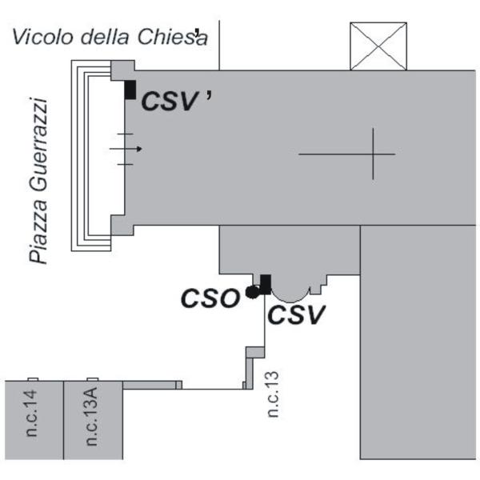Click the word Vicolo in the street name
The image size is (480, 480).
(42, 37)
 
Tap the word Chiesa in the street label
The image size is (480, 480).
(173, 37)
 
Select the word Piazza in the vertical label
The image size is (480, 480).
(38, 230)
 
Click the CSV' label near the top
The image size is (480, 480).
(177, 101)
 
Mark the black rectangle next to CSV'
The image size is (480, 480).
(130, 90)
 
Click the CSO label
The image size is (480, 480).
(210, 298)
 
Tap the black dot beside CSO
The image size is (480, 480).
(252, 292)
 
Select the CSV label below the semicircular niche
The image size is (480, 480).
(296, 314)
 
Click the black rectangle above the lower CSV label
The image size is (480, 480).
(266, 284)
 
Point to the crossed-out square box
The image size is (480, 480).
(378, 46)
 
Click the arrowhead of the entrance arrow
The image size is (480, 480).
(139, 149)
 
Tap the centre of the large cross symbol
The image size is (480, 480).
(373, 154)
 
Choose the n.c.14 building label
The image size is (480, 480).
(31, 413)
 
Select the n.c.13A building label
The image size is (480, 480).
(91, 416)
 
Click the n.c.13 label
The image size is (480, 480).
(273, 394)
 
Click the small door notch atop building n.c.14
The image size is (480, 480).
(33, 379)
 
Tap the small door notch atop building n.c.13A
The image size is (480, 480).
(93, 379)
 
